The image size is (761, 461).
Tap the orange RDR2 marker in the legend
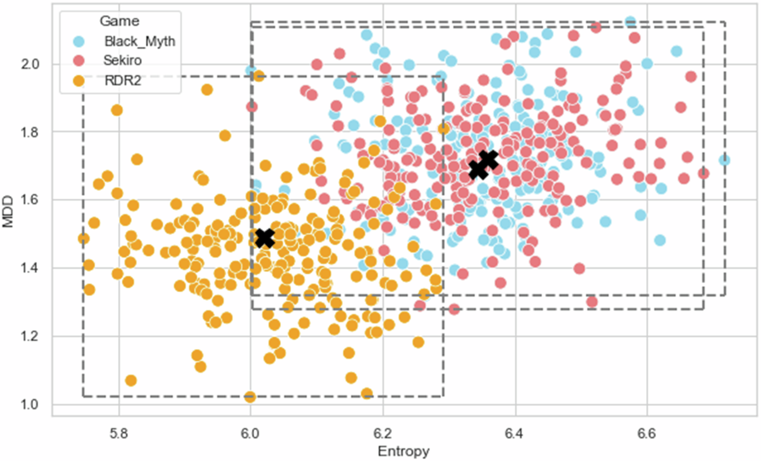pyautogui.click(x=79, y=81)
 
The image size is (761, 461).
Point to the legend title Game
pyautogui.click(x=120, y=21)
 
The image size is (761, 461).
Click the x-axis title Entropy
pyautogui.click(x=404, y=451)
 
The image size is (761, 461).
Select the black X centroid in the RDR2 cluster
pyautogui.click(x=265, y=238)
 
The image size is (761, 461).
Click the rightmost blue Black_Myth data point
pyautogui.click(x=724, y=161)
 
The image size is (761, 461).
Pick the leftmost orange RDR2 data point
pyautogui.click(x=84, y=239)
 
